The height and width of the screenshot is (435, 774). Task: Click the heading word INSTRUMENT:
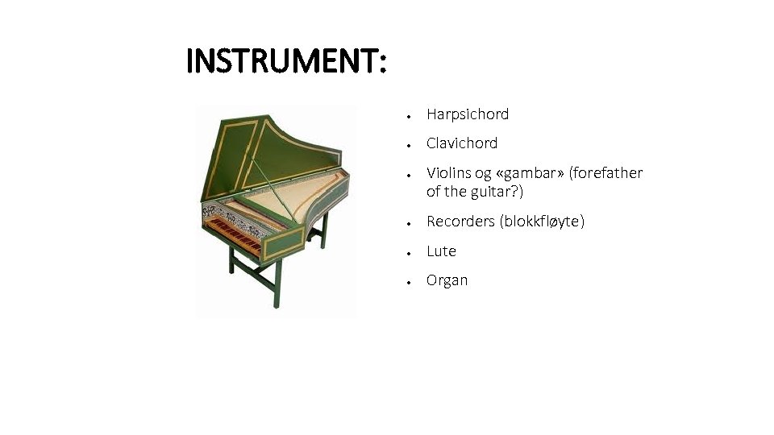coord(286,61)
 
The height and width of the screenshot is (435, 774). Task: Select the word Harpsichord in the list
coord(468,114)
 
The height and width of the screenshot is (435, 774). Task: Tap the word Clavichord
coord(462,143)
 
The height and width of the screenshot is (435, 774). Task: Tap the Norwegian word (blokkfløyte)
coord(544,222)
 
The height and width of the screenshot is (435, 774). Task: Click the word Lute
coord(441,251)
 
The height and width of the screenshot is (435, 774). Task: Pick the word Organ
coord(447,280)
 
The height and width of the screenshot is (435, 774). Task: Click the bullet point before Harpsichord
coord(410,115)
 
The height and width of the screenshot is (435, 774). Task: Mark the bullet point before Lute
coord(410,252)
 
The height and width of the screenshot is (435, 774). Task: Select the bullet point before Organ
coord(410,281)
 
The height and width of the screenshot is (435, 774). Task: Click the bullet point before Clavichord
coord(410,144)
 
